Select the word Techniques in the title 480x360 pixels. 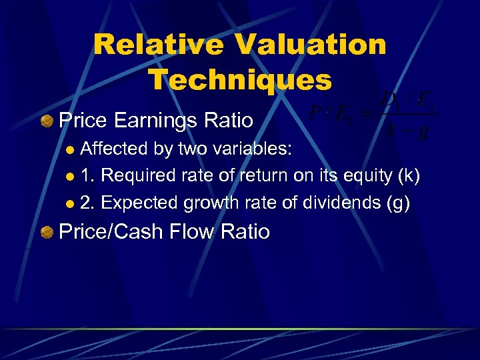(239, 80)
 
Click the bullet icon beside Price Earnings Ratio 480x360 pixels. (47, 121)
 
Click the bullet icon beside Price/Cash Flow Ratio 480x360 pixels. (47, 232)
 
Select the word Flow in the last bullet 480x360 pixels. (200, 232)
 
